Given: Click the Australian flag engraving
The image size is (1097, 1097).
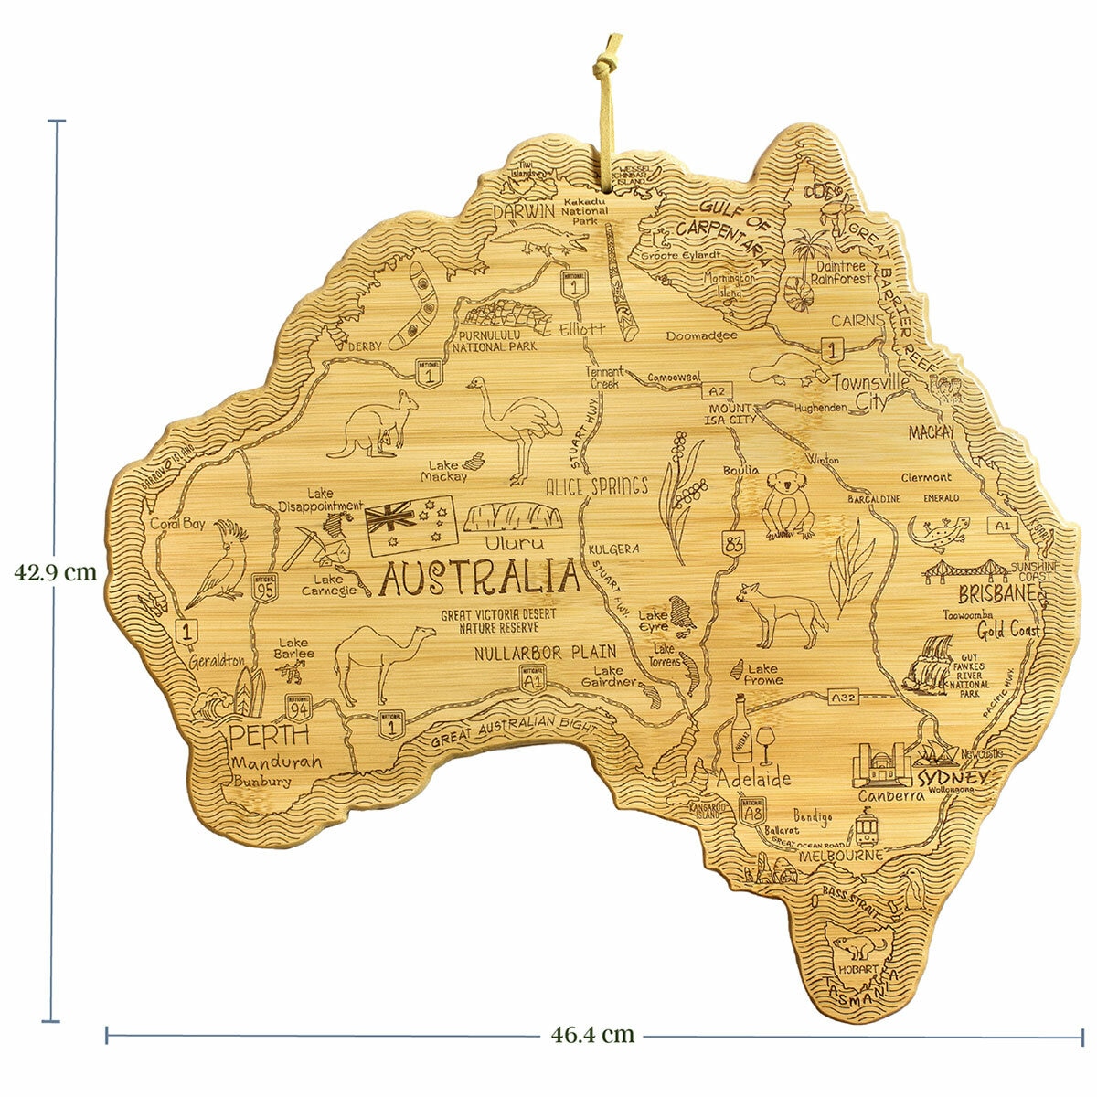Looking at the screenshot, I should coord(410,526).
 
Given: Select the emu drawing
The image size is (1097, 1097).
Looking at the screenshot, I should coord(517,425).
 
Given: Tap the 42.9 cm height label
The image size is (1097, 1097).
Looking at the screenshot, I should coord(56,573).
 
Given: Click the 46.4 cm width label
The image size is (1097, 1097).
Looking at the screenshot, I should coord(592,1036).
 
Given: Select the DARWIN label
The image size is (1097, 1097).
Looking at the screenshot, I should coord(525,211).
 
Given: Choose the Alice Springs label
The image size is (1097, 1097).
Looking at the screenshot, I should coord(596,486).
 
